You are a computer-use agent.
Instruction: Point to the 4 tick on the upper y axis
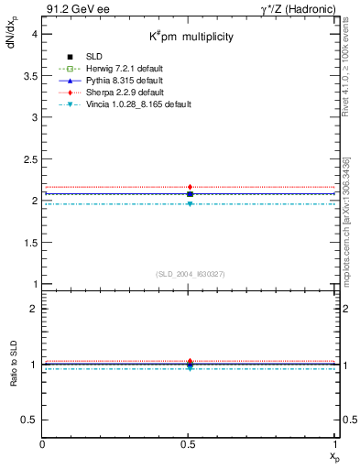[35, 33]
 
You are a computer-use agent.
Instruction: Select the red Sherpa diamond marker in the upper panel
[190, 187]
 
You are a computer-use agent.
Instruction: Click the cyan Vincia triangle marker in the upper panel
[190, 203]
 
